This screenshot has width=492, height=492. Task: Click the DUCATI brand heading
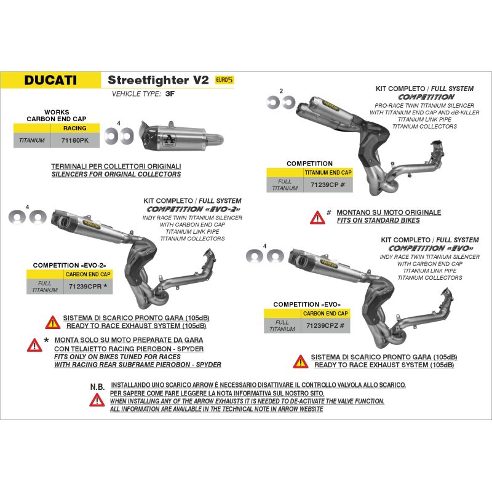(x=50, y=80)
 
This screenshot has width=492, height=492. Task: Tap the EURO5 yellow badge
(x=224, y=80)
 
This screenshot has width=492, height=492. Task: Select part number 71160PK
(x=75, y=140)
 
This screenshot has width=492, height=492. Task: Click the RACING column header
(x=74, y=128)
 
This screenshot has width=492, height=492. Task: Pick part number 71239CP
(x=325, y=185)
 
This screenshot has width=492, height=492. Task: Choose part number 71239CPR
(x=85, y=287)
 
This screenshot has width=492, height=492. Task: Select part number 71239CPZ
(x=322, y=326)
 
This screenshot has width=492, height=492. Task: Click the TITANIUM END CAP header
(x=328, y=172)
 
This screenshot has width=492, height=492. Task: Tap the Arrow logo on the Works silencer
(x=170, y=140)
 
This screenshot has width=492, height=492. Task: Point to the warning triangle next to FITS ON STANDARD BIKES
(x=317, y=218)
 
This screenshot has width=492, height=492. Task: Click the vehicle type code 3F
(x=170, y=94)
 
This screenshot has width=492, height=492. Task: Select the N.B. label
(x=97, y=387)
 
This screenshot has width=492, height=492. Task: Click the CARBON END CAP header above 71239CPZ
(x=325, y=313)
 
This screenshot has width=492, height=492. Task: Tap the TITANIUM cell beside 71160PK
(x=32, y=140)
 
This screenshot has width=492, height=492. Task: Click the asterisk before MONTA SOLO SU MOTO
(x=47, y=340)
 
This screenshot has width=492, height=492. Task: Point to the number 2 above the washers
(x=281, y=91)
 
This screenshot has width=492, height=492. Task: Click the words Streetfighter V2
(x=158, y=80)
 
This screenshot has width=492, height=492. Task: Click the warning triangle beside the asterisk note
(x=34, y=345)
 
